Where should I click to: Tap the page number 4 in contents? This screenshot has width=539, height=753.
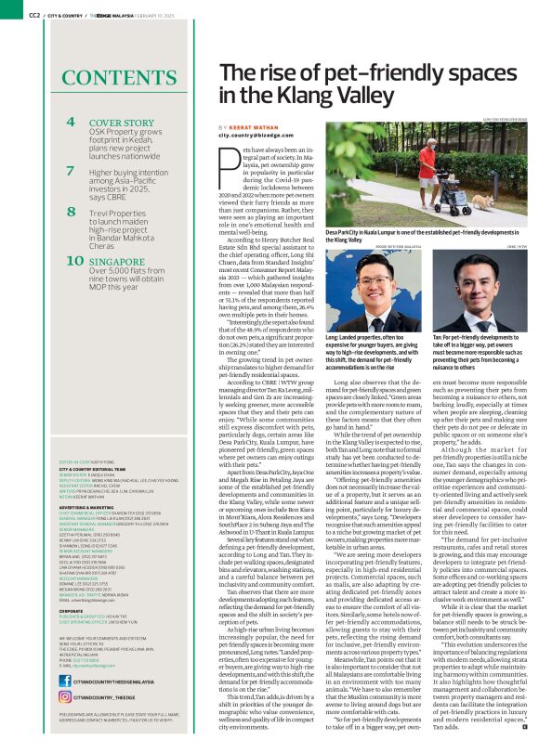click(71, 122)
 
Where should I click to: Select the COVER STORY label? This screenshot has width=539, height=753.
click(121, 123)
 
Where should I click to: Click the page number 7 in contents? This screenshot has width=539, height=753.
click(71, 172)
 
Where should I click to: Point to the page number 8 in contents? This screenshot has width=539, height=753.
click(71, 212)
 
